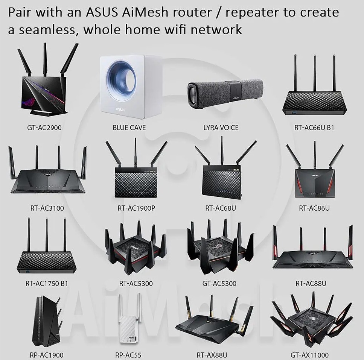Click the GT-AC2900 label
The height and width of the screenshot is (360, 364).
[x=44, y=128]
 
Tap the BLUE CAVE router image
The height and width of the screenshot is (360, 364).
[x=129, y=87]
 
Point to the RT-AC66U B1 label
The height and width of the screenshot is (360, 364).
[x=314, y=128]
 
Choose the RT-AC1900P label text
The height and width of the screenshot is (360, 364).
[x=136, y=208]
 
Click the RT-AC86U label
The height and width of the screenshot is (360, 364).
[x=314, y=208]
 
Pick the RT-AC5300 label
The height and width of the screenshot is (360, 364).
[x=136, y=283]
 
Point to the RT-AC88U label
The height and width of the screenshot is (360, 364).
[x=311, y=283]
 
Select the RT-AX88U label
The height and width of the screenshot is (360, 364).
[x=212, y=355]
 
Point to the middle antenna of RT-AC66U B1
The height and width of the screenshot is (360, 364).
[x=314, y=73]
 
